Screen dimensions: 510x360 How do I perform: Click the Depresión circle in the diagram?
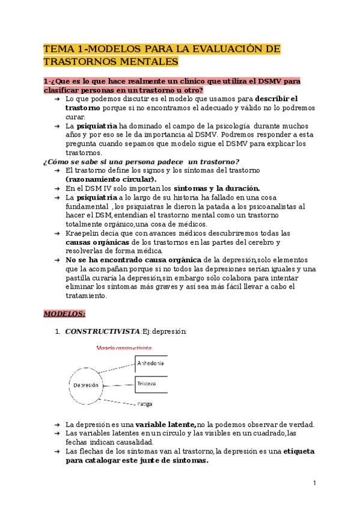(87, 384)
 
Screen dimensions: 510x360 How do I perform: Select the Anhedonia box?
(150, 364)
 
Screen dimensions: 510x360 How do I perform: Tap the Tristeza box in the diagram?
(150, 384)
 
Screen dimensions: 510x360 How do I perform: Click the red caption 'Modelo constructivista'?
(124, 348)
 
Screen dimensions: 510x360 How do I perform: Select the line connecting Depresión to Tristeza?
(120, 384)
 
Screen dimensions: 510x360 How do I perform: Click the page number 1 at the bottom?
(314, 483)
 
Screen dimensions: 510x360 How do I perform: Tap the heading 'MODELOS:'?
(64, 313)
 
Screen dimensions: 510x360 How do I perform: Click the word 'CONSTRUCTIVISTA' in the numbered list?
(102, 331)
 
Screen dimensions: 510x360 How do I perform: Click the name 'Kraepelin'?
(82, 233)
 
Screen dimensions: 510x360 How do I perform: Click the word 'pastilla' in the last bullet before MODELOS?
(80, 278)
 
